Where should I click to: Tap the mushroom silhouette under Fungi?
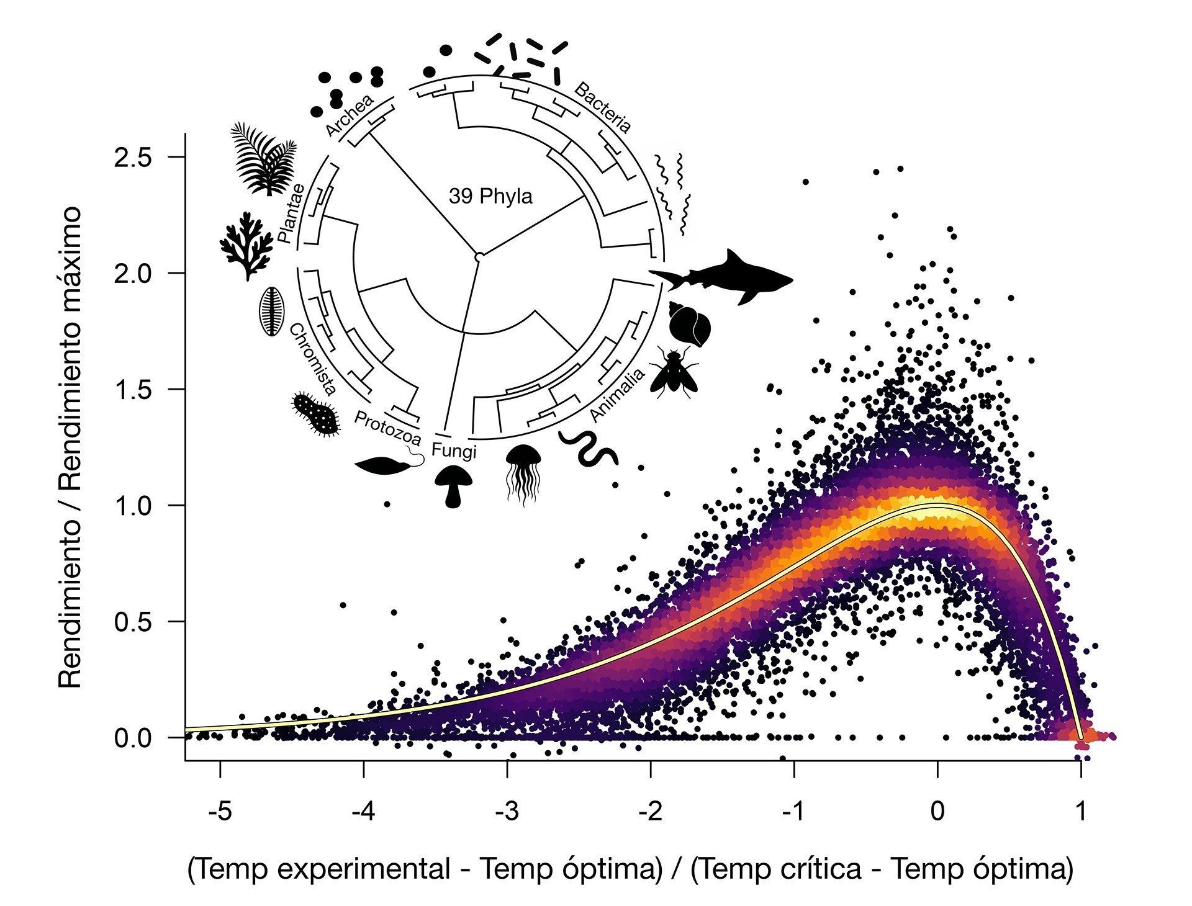[x=454, y=486]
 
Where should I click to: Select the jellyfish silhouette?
[x=523, y=472]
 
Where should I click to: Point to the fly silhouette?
[x=674, y=372]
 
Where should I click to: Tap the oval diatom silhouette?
[x=271, y=311]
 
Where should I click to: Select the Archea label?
[x=350, y=115]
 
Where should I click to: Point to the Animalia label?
[x=617, y=395]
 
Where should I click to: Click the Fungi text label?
[x=454, y=451]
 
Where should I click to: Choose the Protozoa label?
[x=387, y=428]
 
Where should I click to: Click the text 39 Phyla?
[x=490, y=197]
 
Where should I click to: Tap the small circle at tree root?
[x=479, y=256]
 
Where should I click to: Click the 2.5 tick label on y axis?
[x=133, y=158]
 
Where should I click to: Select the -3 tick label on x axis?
[x=507, y=811]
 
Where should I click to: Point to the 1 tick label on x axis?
[x=1081, y=811]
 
